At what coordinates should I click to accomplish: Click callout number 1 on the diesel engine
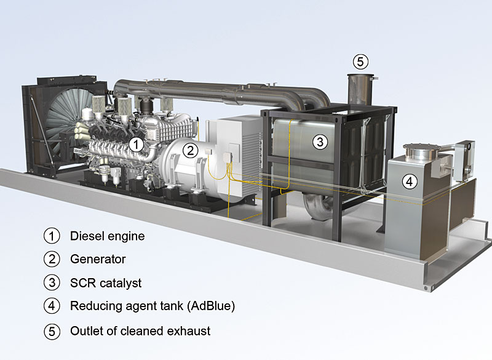[137, 144]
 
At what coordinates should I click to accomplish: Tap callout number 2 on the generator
[191, 150]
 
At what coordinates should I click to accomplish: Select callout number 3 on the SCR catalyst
[319, 142]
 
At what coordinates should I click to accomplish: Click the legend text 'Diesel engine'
[108, 235]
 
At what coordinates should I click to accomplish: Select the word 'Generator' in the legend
[98, 259]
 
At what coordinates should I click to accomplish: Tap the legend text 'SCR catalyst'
[106, 283]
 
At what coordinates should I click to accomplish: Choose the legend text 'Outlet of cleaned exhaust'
[140, 331]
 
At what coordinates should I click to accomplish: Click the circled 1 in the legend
[52, 235]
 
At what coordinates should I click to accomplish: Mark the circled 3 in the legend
[52, 283]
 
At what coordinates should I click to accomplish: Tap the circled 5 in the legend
[52, 331]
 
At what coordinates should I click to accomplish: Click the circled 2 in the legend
[52, 259]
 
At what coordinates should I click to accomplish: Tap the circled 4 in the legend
[52, 306]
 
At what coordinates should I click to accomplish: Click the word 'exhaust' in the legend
[190, 331]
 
